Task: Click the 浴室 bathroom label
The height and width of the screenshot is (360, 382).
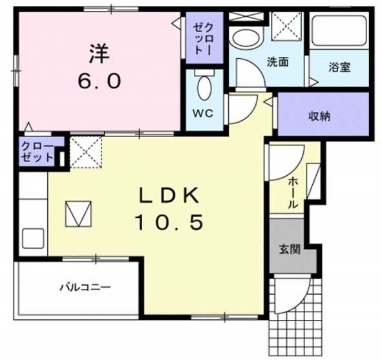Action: (339, 67)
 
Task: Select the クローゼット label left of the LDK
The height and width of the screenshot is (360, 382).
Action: (37, 151)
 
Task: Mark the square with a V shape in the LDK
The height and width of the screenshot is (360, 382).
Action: (79, 213)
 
